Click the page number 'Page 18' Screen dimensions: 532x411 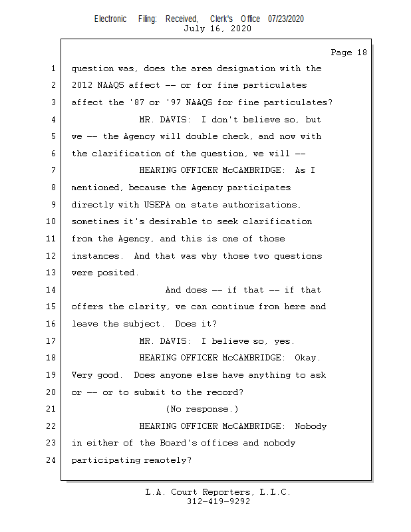click(348, 53)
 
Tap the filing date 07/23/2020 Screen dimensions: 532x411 click(286, 19)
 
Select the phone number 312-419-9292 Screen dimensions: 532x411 click(217, 502)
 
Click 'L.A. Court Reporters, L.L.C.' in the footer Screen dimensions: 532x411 click(217, 493)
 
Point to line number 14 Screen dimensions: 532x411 click(53, 290)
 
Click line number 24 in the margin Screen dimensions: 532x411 click(53, 460)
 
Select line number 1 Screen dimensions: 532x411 click(53, 68)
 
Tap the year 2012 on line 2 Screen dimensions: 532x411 click(82, 85)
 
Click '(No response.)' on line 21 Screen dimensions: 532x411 click(202, 409)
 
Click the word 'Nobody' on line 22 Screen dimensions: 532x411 click(310, 426)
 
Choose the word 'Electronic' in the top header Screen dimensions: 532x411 click(110, 19)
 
